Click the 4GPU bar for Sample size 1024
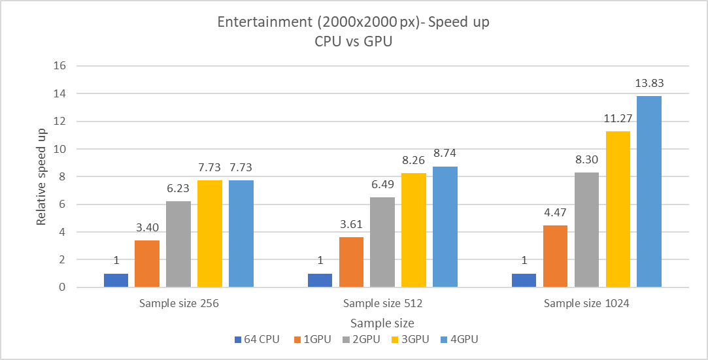click(649, 191)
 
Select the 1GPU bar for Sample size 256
click(147, 264)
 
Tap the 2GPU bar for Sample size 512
click(382, 242)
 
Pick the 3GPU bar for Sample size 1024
click(618, 209)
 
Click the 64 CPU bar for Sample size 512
click(320, 280)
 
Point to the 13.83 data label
click(649, 84)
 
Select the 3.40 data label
click(147, 228)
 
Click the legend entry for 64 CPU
click(256, 340)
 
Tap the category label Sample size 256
click(178, 303)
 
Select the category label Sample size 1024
click(586, 303)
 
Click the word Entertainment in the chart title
click(259, 21)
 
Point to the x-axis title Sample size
click(382, 323)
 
